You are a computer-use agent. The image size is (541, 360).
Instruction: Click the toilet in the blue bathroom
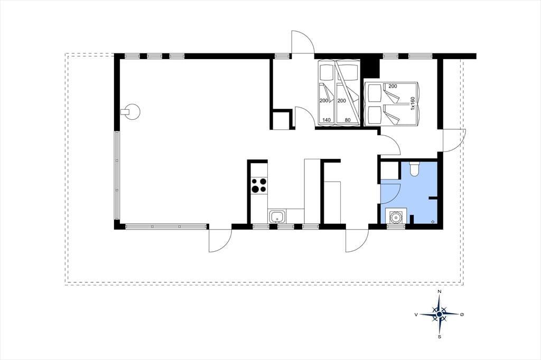click(x=414, y=168)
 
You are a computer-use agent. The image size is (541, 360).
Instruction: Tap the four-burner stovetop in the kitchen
click(x=259, y=185)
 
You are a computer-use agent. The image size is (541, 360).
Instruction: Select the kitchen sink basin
click(x=277, y=217)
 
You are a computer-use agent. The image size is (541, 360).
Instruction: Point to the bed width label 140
click(x=327, y=120)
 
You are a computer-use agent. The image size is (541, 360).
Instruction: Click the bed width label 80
click(x=348, y=120)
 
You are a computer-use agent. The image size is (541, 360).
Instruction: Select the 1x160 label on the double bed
click(x=412, y=103)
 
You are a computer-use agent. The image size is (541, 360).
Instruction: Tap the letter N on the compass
click(x=439, y=292)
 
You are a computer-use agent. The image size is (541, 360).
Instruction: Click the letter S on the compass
click(x=439, y=337)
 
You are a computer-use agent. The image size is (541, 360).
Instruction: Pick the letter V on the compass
click(x=416, y=315)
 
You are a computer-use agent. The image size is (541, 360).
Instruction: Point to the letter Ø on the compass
click(x=462, y=314)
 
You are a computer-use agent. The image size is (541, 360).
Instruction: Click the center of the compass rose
click(x=439, y=315)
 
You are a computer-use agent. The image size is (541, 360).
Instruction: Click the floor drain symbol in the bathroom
click(x=433, y=222)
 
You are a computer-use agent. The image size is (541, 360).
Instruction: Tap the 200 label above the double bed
click(x=393, y=86)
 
